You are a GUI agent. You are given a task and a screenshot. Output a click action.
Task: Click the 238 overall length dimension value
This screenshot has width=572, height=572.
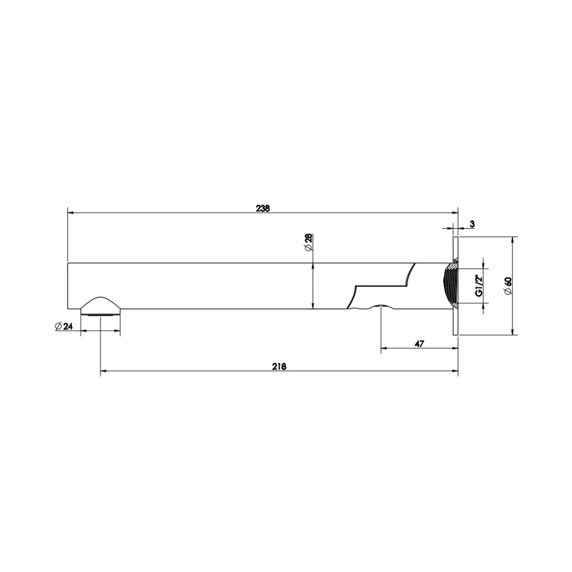click(263, 208)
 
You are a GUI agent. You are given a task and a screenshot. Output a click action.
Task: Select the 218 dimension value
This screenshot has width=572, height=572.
click(279, 366)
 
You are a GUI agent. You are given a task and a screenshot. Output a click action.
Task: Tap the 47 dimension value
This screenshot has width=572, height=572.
click(419, 344)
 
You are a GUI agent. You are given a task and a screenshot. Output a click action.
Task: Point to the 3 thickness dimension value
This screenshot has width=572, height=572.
click(472, 224)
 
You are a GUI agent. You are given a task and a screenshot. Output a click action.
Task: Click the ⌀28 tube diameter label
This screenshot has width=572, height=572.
click(308, 242)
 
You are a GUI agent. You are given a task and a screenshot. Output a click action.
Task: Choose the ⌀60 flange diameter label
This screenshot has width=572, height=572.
click(507, 286)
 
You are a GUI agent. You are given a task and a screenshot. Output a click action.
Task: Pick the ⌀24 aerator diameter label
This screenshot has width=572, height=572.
click(64, 326)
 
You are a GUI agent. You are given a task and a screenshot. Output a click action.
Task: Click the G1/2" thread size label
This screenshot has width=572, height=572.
click(479, 285)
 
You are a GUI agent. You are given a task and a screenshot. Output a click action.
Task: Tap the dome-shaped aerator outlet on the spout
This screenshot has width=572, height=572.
click(100, 305)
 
